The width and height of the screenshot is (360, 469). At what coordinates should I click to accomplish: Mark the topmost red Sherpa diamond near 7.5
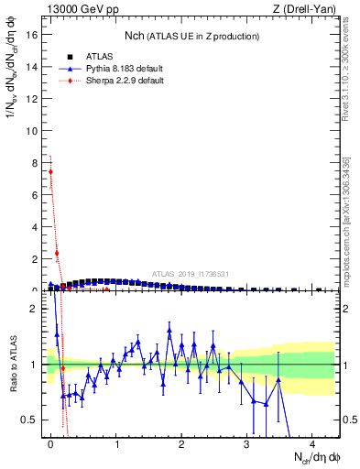point(50,171)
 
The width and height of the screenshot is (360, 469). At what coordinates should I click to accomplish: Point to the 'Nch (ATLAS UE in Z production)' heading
point(191,36)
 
